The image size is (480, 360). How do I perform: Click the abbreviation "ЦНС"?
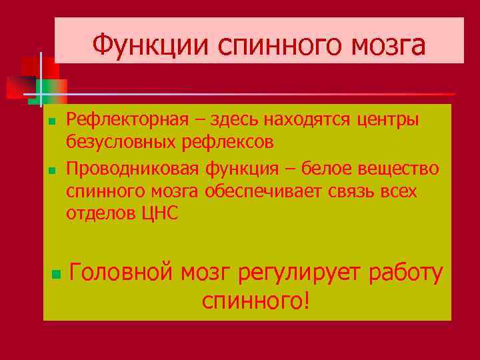(x=160, y=214)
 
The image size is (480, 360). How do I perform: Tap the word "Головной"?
(x=123, y=273)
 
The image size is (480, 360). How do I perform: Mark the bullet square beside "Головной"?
(x=56, y=273)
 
